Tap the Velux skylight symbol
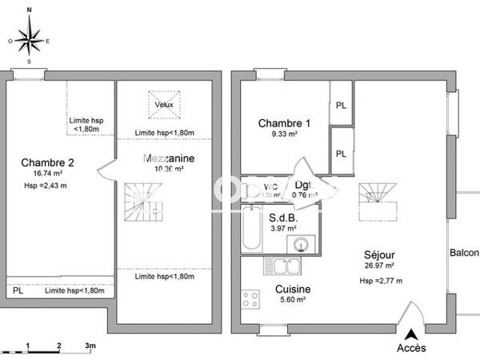point(164,102)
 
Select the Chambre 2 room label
point(47,163)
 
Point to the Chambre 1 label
point(283,123)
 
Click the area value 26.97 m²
point(379,266)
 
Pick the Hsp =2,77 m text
point(380,281)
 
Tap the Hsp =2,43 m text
point(46,186)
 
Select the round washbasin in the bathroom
point(301,244)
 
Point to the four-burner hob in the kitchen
point(250,298)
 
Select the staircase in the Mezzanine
point(142,202)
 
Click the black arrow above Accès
point(411,334)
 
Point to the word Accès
point(411,348)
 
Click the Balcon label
point(464,254)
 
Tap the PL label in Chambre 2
point(18,290)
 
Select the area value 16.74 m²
point(47,174)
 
